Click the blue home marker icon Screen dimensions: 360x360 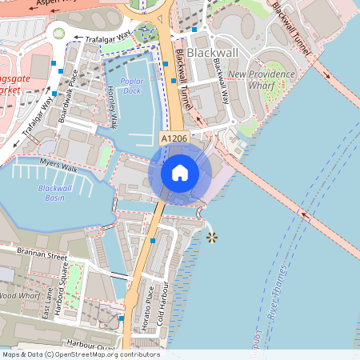tap(180, 172)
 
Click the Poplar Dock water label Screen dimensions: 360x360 tap(133, 86)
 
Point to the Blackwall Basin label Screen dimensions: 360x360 tap(55, 193)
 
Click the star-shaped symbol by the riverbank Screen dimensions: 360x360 tap(211, 238)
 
